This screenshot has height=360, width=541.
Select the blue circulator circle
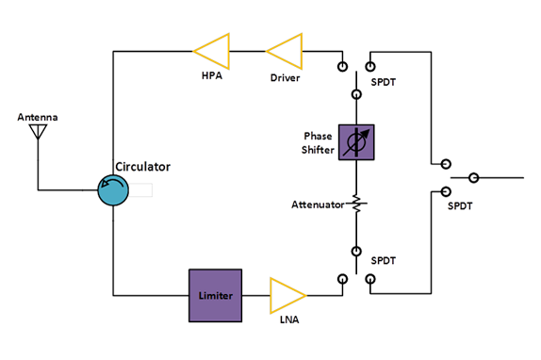[114, 192]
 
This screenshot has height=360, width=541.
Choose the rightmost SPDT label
[460, 200]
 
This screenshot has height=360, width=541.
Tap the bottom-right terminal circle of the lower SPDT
[370, 279]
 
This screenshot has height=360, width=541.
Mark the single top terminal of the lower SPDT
[356, 251]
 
